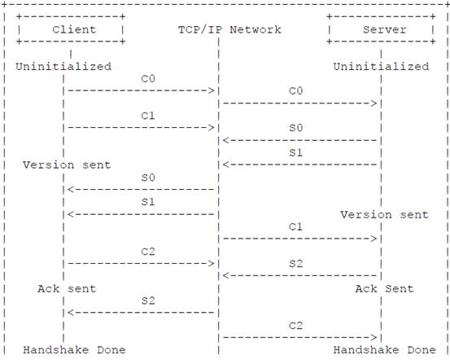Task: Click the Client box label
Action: pos(74,29)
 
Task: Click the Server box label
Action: pos(385,29)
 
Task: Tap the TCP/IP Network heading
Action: pos(229,29)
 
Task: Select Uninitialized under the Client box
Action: pos(63,67)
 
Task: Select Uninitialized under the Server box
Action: pos(381,67)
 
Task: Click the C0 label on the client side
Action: pos(148,79)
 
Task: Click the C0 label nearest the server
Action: pos(296,91)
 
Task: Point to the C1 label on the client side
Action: pos(148,116)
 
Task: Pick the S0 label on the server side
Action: pos(296,128)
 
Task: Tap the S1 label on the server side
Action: pos(296,152)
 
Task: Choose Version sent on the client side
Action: pos(67,165)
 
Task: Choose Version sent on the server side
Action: pos(385,215)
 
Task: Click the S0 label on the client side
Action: pos(148,178)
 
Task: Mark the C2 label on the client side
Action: pos(148,252)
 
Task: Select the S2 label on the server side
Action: pos(296,264)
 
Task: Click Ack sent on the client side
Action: pos(67,289)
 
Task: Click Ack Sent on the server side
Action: pos(385,289)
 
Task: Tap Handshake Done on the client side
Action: pos(74,350)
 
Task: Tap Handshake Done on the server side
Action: pos(385,350)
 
